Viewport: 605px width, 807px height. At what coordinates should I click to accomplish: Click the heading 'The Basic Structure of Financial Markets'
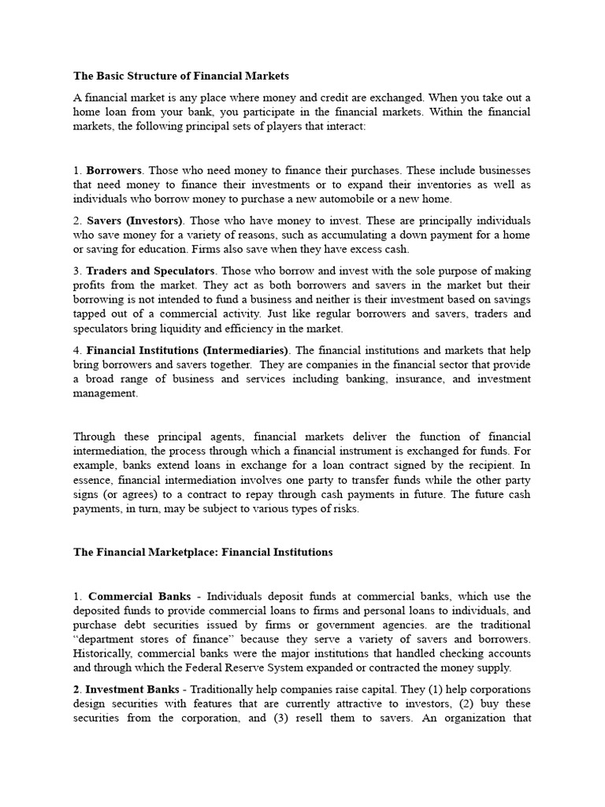pos(181,76)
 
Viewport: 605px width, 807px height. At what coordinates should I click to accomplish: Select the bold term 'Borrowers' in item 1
pos(113,170)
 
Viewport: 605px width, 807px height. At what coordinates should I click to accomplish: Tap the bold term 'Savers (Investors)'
pos(134,221)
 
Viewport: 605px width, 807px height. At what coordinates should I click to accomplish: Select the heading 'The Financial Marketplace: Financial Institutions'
pos(203,552)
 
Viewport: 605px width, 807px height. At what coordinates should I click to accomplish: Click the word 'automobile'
pos(373,199)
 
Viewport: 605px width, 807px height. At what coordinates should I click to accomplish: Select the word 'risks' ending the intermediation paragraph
pos(341,508)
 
